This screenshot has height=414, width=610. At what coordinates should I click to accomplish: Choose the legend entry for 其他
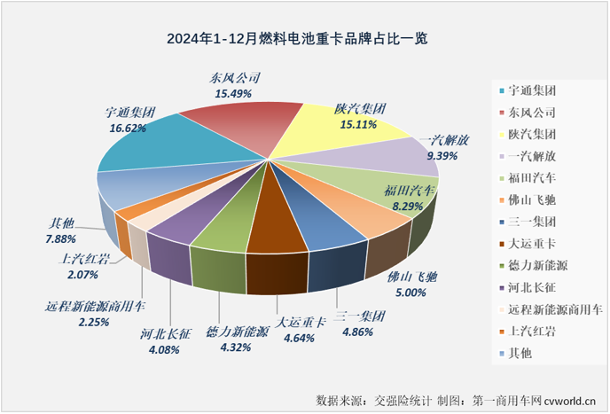tap(520, 352)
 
